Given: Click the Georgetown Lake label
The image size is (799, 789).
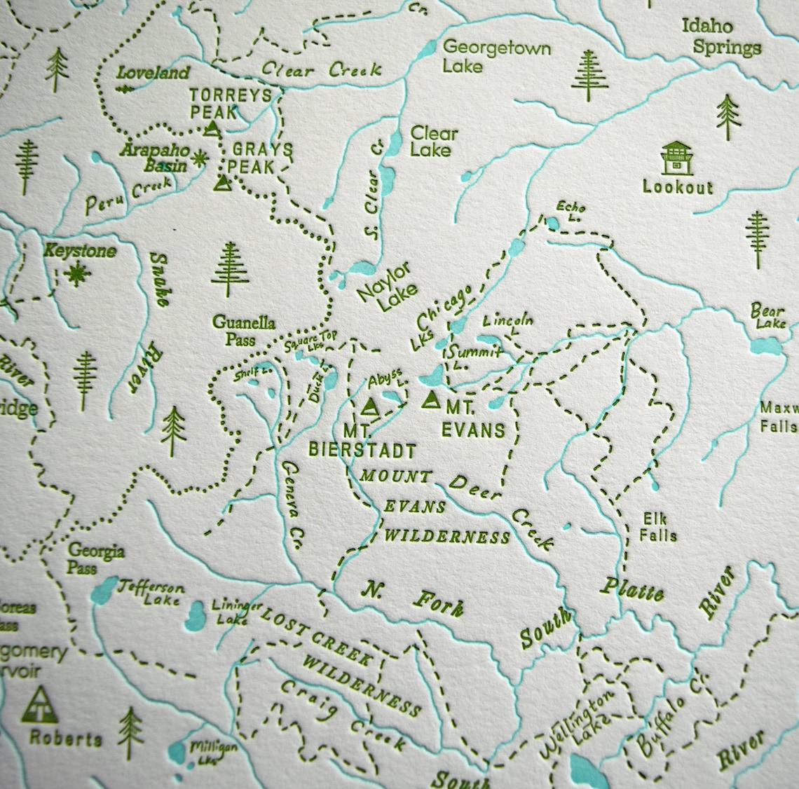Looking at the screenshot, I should coord(496,57).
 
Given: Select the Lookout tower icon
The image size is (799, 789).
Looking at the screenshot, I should coord(677,158).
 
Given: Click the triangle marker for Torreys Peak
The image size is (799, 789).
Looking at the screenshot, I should coord(212,128).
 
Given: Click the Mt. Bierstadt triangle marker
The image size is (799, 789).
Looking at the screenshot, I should coord(369,406).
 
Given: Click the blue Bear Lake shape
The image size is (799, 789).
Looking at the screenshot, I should coord(762,346).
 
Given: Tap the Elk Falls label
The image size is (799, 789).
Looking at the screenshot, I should coord(658,527).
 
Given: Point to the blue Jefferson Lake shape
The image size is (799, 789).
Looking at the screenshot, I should coord(104,590).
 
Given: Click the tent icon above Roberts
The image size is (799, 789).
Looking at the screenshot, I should coord(43,704).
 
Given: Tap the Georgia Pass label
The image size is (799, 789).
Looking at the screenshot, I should coord(96,559).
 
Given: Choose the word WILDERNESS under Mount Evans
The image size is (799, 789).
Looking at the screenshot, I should coord(447,537).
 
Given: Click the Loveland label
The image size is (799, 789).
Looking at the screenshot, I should coord(153,73).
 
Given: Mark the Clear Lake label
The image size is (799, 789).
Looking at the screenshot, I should coord(433,141).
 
